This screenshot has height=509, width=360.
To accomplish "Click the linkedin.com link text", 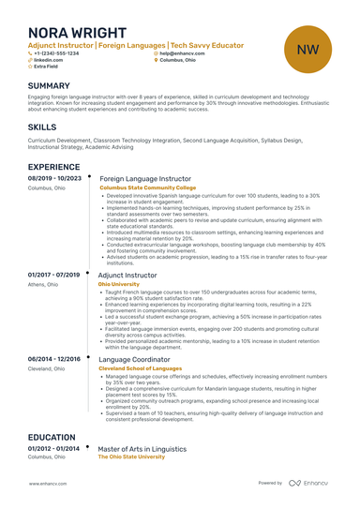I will pyautogui.click(x=48, y=61).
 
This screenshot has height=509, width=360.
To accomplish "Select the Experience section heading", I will pyautogui.click(x=60, y=167).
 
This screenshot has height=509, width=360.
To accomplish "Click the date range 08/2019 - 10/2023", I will pyautogui.click(x=55, y=178).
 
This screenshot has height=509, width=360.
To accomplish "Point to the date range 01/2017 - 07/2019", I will pyautogui.click(x=54, y=276).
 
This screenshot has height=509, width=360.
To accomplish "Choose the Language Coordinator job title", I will pyautogui.click(x=134, y=359).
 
